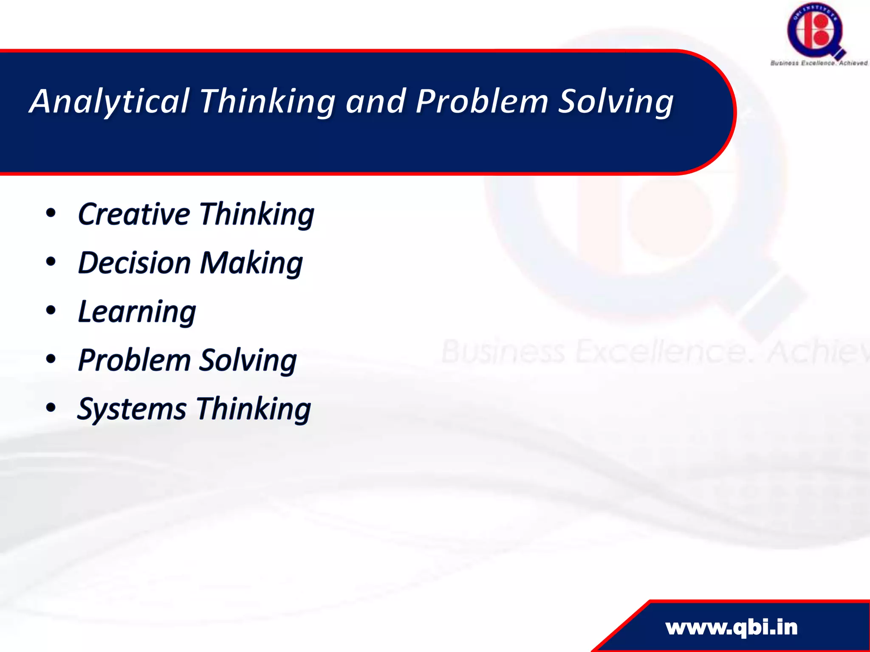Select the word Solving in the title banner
coord(616,102)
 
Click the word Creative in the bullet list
coord(134,214)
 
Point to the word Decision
coord(135,263)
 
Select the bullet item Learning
coord(137,312)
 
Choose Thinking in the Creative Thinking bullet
coord(257,215)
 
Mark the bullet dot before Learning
coord(51,311)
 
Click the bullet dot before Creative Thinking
coord(51,214)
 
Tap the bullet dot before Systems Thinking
coord(51,408)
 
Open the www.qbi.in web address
coord(732,627)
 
